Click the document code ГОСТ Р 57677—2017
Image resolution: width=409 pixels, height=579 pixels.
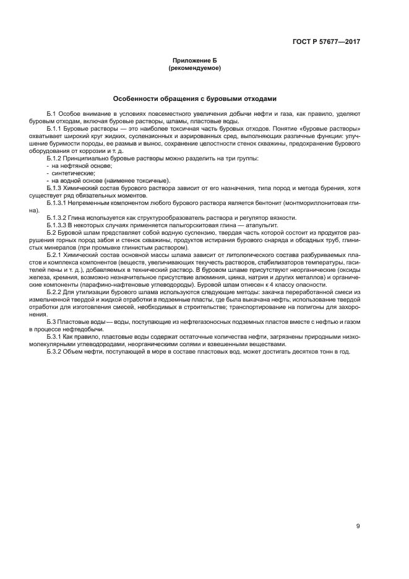325,42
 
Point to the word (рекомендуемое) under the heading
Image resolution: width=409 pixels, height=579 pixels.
195,68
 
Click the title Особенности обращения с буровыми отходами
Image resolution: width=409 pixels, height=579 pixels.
195,98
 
